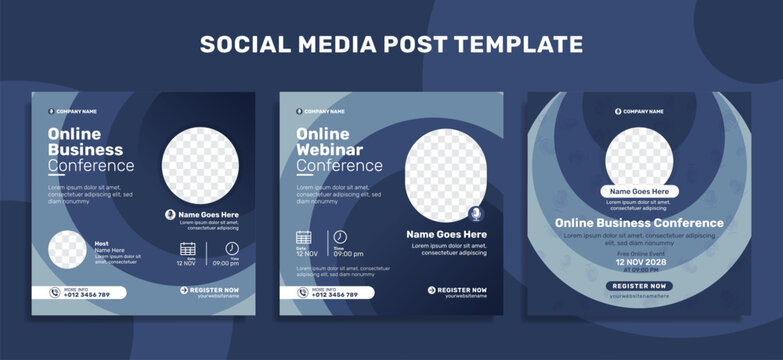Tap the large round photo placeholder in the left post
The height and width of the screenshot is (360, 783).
(x=200, y=164)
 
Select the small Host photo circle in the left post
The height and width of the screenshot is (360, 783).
(x=67, y=250)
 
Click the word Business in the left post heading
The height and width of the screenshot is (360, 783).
(x=86, y=150)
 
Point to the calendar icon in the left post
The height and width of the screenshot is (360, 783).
(x=187, y=249)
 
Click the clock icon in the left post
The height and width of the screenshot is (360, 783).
(x=232, y=248)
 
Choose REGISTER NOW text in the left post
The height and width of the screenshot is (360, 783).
(x=213, y=289)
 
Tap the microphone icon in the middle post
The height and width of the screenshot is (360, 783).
(x=475, y=214)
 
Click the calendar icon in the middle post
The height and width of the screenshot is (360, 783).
(x=304, y=237)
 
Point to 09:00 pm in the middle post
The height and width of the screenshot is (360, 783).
(x=348, y=254)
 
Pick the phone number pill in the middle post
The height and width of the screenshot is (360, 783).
(x=327, y=293)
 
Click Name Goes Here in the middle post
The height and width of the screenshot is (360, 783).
(x=446, y=234)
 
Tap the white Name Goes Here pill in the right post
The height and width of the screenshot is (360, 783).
(x=639, y=191)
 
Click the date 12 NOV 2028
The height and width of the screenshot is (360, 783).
(x=639, y=261)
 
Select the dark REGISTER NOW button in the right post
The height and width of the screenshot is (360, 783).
(x=639, y=286)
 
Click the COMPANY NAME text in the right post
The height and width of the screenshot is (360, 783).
(x=643, y=111)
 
